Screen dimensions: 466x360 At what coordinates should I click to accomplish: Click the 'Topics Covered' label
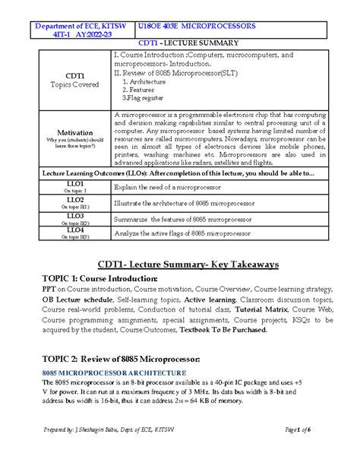[74, 84]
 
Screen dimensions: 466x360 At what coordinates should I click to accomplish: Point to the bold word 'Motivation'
[74, 132]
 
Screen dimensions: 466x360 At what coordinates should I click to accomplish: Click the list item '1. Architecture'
[148, 81]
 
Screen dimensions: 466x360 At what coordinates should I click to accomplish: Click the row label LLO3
[74, 216]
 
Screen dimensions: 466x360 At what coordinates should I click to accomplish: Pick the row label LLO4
[74, 230]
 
